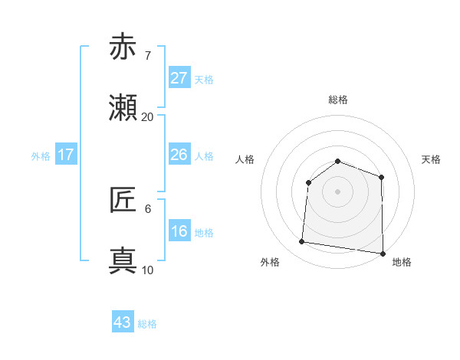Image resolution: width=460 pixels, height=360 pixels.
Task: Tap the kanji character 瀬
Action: [x=123, y=109]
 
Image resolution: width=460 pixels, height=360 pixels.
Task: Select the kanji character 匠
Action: [x=123, y=200]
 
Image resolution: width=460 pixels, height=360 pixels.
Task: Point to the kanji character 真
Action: [x=123, y=261]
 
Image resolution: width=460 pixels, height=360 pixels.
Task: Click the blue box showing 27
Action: [x=179, y=78]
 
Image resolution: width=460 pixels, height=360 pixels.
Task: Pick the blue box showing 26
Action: [x=179, y=155]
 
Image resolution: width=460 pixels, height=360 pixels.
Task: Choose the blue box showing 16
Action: [x=179, y=231]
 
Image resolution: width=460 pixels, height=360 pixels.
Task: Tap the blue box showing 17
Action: [x=66, y=155]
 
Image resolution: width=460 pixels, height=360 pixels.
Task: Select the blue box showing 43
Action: [x=123, y=322]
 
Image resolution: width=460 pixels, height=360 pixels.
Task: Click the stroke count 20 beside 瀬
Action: [x=147, y=117]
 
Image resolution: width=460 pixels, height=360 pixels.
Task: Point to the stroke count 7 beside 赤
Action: [x=147, y=55]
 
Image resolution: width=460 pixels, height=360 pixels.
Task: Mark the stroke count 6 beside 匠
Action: [x=147, y=208]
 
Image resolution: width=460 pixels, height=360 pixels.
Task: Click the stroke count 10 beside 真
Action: [x=147, y=270]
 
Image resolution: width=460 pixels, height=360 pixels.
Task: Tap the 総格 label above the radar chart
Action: [x=337, y=100]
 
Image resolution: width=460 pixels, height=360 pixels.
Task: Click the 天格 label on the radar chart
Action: [x=431, y=159]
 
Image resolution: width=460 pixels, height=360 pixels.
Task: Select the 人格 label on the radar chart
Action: [x=245, y=159]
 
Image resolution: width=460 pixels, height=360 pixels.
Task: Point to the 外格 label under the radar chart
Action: [x=270, y=262]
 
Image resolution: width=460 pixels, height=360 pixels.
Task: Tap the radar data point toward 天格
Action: [x=381, y=177]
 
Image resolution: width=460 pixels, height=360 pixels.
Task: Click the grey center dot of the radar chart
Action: [x=337, y=191]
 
